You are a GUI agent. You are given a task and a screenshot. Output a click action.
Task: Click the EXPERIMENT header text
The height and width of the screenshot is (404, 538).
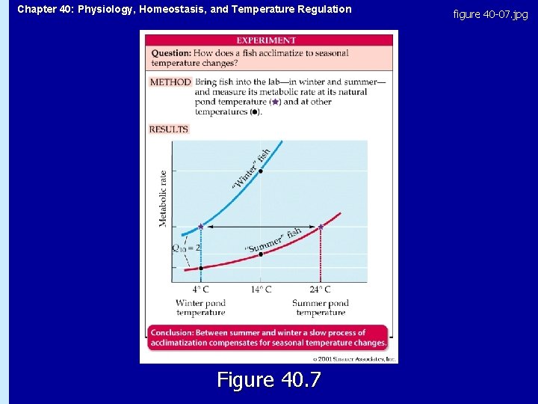pyautogui.click(x=266, y=40)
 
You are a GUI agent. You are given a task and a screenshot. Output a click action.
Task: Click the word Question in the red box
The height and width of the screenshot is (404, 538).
pyautogui.click(x=170, y=53)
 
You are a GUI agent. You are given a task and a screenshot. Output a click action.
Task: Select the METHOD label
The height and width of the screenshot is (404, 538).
pyautogui.click(x=170, y=82)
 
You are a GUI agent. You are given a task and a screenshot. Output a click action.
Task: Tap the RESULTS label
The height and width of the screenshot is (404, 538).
pyautogui.click(x=169, y=129)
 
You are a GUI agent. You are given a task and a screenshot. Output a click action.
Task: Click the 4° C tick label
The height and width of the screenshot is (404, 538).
pyautogui.click(x=200, y=290)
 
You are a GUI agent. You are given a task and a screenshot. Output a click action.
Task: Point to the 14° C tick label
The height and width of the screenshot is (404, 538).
pyautogui.click(x=260, y=290)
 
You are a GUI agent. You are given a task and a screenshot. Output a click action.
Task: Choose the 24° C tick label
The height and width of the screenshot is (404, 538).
pyautogui.click(x=320, y=290)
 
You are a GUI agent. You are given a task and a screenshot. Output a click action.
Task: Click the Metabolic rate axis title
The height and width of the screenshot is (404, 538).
pyautogui.click(x=164, y=198)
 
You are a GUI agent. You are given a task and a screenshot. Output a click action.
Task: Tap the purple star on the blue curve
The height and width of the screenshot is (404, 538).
pyautogui.click(x=200, y=226)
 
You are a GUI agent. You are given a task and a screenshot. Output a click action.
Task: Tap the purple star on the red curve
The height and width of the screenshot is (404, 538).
pyautogui.click(x=321, y=226)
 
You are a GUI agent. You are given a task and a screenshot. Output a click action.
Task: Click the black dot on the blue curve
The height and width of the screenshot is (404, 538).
pyautogui.click(x=260, y=171)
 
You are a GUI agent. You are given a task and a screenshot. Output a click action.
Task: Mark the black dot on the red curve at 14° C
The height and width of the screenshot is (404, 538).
pyautogui.click(x=260, y=254)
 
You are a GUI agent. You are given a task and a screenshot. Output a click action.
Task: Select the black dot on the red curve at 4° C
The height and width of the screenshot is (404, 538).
pyautogui.click(x=200, y=267)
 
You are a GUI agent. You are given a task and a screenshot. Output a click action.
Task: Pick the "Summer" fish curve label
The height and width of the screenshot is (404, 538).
pyautogui.click(x=273, y=241)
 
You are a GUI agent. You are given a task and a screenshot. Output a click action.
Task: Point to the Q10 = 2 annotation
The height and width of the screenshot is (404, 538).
pyautogui.click(x=186, y=248)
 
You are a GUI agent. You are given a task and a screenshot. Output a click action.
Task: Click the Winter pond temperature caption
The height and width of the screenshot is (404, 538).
pyautogui.click(x=200, y=307)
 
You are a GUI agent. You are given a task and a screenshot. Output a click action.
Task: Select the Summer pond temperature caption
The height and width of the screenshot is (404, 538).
pyautogui.click(x=320, y=307)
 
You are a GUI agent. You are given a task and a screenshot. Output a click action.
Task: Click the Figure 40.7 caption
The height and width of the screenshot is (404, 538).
pyautogui.click(x=268, y=380)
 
